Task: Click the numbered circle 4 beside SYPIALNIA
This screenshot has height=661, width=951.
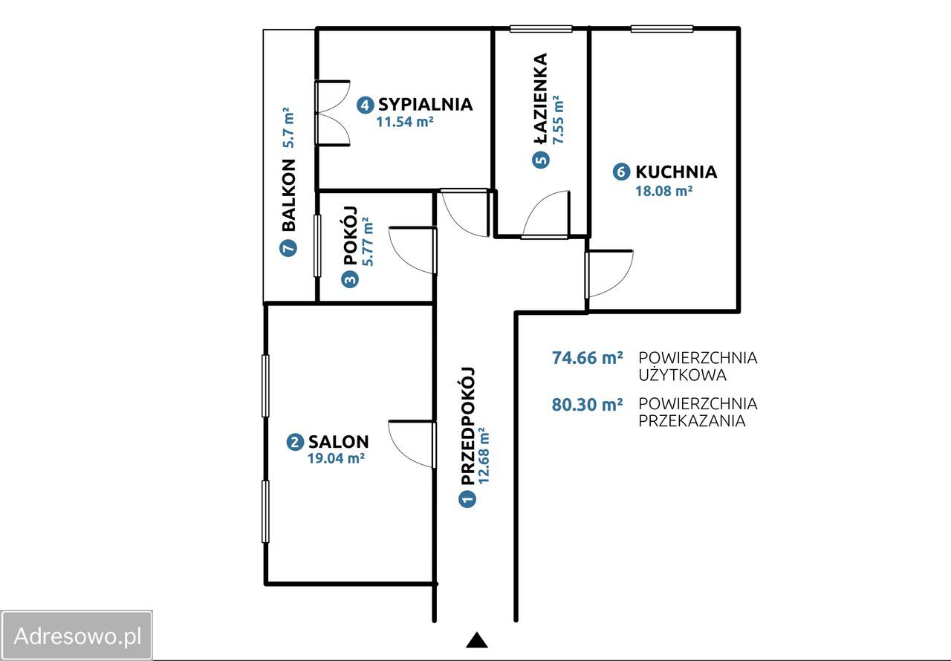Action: coord(365,105)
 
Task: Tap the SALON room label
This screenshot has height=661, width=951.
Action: coord(338,442)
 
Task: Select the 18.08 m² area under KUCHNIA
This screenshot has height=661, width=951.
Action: coord(664,191)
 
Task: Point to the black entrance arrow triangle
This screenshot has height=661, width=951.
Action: coord(477,639)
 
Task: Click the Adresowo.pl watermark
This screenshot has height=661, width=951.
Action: coord(77,636)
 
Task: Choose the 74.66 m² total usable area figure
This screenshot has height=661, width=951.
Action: coord(588,358)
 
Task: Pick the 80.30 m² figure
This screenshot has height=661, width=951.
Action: coord(588,405)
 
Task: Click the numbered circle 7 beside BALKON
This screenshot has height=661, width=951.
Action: coord(288,248)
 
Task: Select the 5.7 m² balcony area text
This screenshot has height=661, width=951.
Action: coord(288,127)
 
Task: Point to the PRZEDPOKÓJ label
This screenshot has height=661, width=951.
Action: coord(467,426)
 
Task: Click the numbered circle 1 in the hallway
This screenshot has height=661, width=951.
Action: coord(467,499)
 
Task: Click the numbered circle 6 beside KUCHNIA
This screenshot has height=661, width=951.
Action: coord(621,172)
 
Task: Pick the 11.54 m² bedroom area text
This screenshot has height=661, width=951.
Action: coord(405,123)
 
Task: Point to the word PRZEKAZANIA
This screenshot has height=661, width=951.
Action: coord(692,421)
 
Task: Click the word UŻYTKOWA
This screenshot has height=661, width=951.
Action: coord(683,375)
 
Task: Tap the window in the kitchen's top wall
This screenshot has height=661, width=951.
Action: coord(662,29)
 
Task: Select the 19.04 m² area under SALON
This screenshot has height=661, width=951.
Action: coord(337,459)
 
